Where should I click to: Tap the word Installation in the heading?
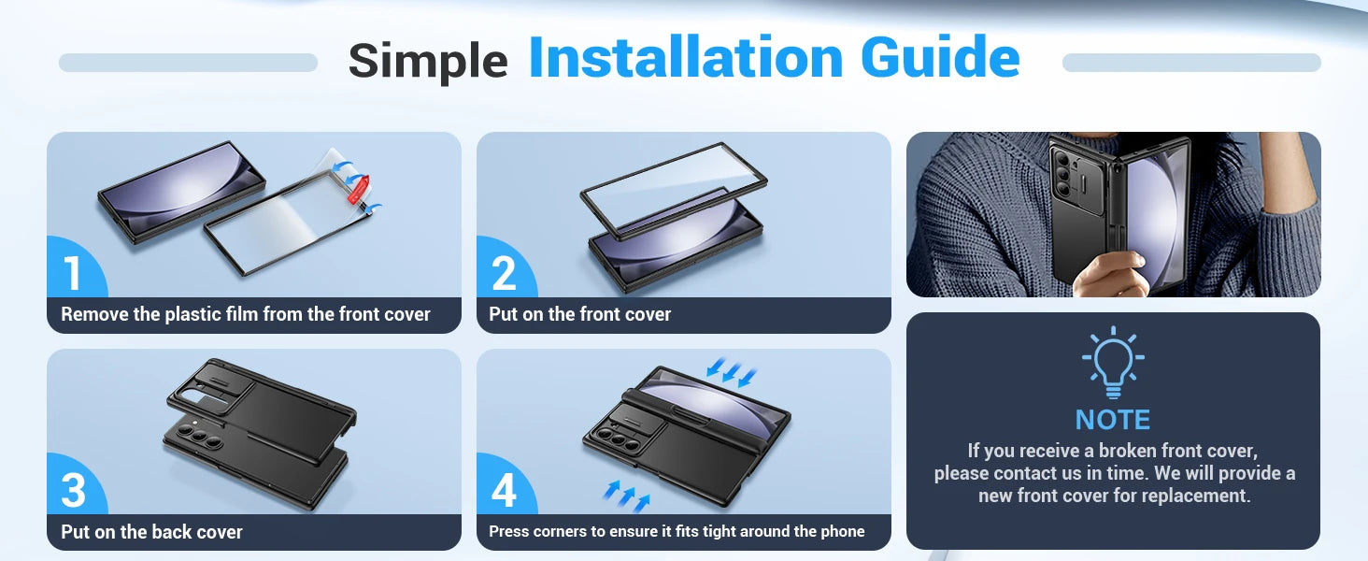(687, 57)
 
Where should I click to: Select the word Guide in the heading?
(940, 57)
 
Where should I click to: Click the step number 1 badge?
(73, 273)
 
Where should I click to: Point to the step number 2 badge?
(504, 273)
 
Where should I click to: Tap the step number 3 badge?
(73, 490)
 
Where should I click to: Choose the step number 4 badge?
(504, 490)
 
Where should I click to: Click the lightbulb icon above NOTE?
(1113, 362)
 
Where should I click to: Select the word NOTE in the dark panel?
(1113, 420)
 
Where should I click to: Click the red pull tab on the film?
(358, 188)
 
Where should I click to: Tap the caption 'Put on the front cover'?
(579, 314)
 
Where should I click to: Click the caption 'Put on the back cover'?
(151, 532)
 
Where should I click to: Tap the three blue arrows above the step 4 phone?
(731, 371)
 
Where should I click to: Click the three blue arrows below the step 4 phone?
(627, 496)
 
